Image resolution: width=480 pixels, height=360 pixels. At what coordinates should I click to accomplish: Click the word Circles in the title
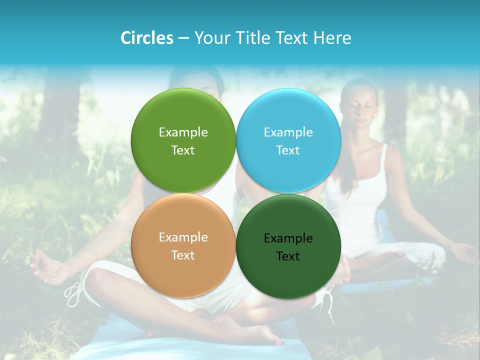point(146,38)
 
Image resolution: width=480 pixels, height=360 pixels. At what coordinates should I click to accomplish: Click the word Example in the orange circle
point(183,237)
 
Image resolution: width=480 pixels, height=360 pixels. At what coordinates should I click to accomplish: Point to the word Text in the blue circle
point(288,150)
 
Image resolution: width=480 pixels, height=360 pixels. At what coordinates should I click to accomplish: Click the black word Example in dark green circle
point(288,238)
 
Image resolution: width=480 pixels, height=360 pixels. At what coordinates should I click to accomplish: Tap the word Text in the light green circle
point(183,150)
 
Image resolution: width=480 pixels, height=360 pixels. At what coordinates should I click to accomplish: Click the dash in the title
point(183,38)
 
